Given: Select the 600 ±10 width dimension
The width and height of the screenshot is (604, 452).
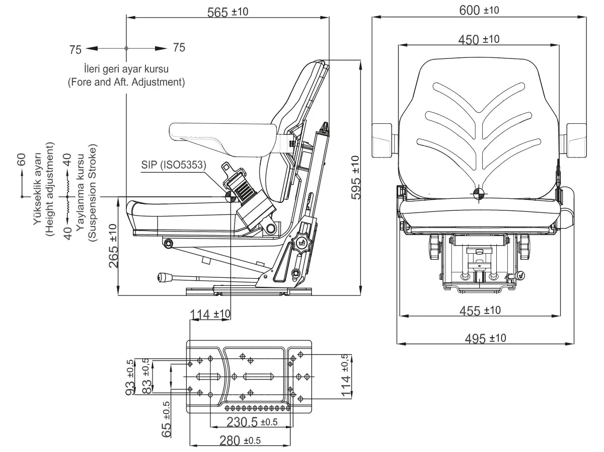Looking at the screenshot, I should [x=479, y=10].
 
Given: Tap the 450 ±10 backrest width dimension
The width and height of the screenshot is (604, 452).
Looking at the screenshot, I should [x=479, y=39].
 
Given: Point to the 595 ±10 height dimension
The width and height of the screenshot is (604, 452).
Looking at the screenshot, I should [x=356, y=178].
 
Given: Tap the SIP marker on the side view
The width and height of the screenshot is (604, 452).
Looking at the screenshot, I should [x=230, y=195].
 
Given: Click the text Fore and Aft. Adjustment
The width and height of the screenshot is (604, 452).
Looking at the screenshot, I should [x=126, y=82].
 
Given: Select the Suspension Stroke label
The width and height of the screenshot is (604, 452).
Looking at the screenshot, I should [x=92, y=193].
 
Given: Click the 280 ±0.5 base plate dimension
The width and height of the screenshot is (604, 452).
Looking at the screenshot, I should [x=240, y=441].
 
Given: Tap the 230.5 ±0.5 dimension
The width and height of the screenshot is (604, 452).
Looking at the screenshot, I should [x=252, y=422].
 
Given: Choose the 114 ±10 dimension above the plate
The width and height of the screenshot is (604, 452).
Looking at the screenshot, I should [x=210, y=314].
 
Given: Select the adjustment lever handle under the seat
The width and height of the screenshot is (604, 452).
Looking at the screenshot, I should [x=165, y=276].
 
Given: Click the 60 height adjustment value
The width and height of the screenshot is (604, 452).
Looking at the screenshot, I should [x=22, y=161].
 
